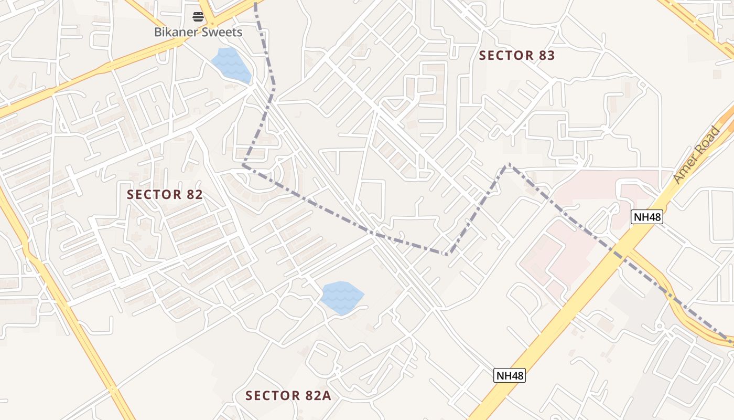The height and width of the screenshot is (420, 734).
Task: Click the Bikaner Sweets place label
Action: click(198, 32)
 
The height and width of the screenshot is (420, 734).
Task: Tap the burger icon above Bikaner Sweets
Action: click(198, 17)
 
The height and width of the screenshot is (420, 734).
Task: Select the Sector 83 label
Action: click(516, 56)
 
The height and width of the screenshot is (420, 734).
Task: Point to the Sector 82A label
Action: click(288, 395)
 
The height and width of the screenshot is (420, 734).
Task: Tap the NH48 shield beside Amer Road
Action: click(647, 216)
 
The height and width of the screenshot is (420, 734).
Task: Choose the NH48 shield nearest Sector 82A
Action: click(510, 375)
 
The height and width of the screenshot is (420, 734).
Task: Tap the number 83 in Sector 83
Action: click(545, 56)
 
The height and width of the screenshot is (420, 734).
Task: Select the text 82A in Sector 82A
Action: click(316, 395)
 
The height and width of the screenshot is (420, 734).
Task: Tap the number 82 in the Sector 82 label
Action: click(194, 194)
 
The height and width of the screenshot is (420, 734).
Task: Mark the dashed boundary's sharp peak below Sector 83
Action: click(508, 165)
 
